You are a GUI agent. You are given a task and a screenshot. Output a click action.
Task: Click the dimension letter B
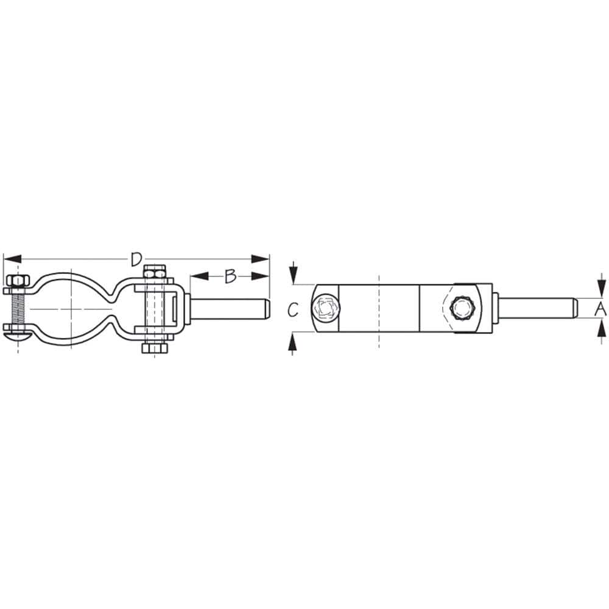[230, 276]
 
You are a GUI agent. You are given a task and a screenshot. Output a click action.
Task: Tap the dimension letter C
[293, 310]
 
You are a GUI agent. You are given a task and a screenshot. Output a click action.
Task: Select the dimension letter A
[600, 309]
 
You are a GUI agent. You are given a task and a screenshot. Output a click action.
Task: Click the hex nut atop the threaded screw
[17, 281]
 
